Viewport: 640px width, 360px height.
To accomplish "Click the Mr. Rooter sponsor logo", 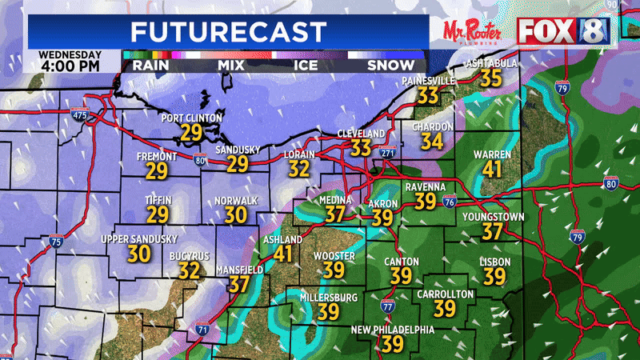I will pyautogui.click(x=475, y=31).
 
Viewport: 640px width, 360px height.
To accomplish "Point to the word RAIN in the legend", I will pyautogui.click(x=150, y=65).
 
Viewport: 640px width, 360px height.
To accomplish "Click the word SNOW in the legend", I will pyautogui.click(x=390, y=65).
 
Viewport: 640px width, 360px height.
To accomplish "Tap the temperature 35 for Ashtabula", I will pyautogui.click(x=490, y=78).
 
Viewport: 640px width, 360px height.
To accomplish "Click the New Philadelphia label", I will pyautogui.click(x=392, y=330).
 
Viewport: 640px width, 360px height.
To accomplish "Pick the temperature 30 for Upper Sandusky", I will pyautogui.click(x=139, y=254).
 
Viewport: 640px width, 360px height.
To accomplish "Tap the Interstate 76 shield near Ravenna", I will pyautogui.click(x=450, y=201).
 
